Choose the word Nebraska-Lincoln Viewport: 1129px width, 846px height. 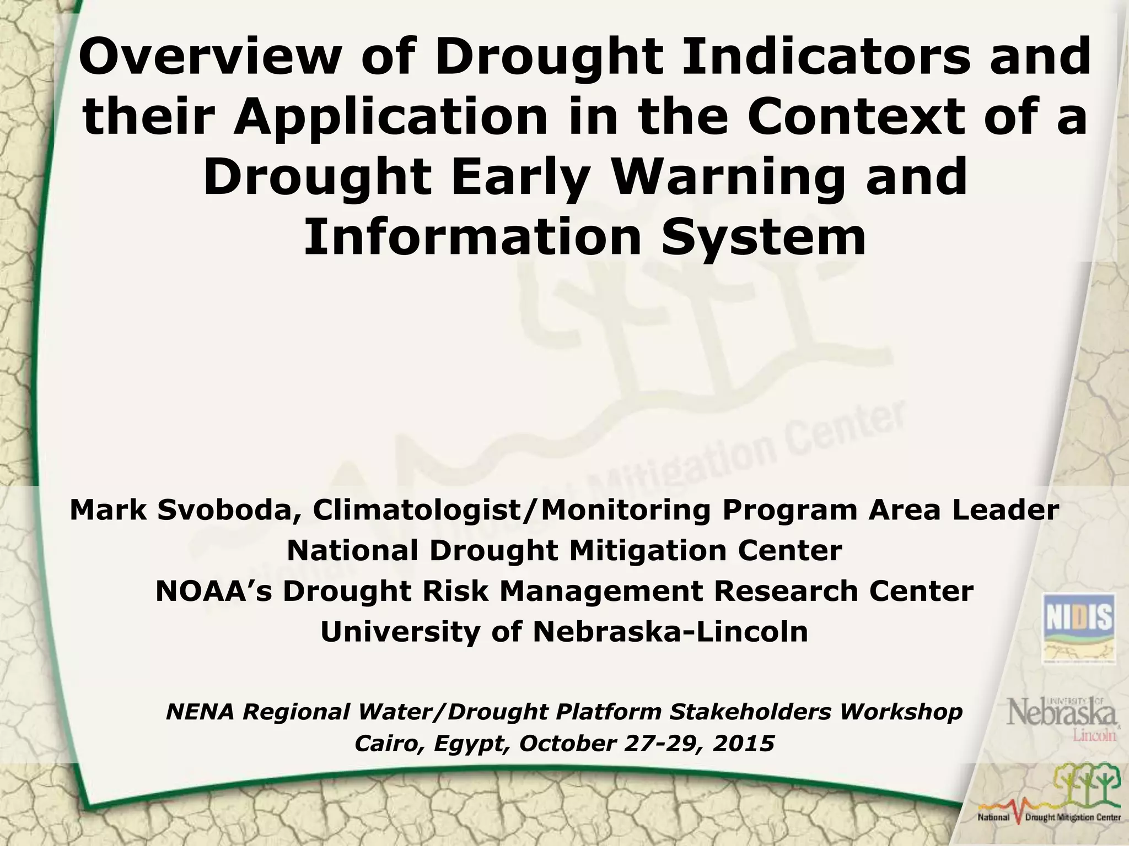pyautogui.click(x=670, y=632)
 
